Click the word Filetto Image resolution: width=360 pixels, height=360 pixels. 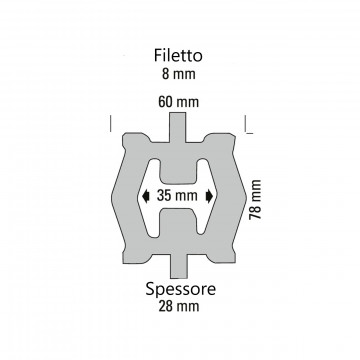tap(178, 56)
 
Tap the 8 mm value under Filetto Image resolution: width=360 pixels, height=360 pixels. tap(179, 74)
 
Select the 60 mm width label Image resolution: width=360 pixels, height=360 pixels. tap(179, 102)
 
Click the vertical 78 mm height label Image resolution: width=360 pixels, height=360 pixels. tap(255, 199)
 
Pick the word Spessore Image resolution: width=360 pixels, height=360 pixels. tap(180, 289)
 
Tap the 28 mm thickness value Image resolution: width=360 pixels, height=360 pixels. tap(179, 306)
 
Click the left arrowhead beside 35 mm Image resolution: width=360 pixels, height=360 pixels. tap(145, 196)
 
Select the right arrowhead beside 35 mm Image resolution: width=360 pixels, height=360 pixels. tap(209, 196)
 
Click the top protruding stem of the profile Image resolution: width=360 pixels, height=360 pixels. tap(178, 127)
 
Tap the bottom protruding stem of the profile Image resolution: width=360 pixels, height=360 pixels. tap(179, 266)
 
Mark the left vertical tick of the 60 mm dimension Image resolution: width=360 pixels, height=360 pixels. tap(110, 123)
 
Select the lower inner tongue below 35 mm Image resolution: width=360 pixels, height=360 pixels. tap(179, 221)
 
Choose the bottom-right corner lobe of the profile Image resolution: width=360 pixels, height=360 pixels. tap(221, 256)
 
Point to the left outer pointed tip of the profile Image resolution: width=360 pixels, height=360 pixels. tap(112, 197)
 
